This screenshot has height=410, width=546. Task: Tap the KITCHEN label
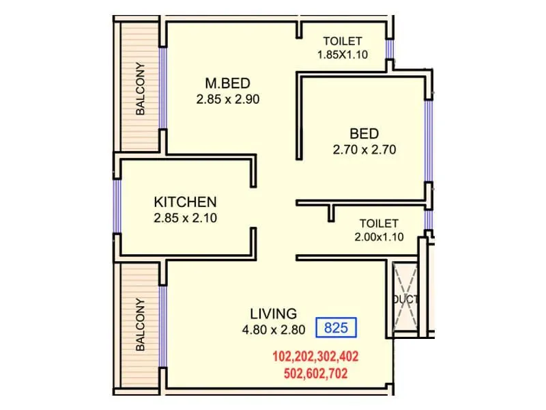pyautogui.click(x=185, y=202)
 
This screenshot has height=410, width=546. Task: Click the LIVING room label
pyautogui.click(x=273, y=314)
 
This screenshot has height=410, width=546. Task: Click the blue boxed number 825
pyautogui.click(x=336, y=328)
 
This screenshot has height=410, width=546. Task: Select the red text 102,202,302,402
pyautogui.click(x=315, y=357)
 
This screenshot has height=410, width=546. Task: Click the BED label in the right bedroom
pyautogui.click(x=364, y=133)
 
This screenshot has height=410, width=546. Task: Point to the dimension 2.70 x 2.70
pyautogui.click(x=364, y=150)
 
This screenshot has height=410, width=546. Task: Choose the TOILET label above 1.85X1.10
pyautogui.click(x=343, y=41)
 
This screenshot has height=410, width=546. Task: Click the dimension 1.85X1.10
pyautogui.click(x=343, y=55)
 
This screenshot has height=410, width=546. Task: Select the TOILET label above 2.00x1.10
pyautogui.click(x=379, y=223)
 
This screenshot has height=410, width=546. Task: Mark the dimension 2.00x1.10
pyautogui.click(x=379, y=237)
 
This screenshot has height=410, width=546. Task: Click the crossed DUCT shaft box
pyautogui.click(x=407, y=299)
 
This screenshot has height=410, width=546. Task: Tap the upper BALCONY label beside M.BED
pyautogui.click(x=141, y=88)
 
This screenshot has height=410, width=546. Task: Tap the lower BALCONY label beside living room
pyautogui.click(x=141, y=324)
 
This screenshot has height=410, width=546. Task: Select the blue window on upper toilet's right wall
pyautogui.click(x=389, y=48)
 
